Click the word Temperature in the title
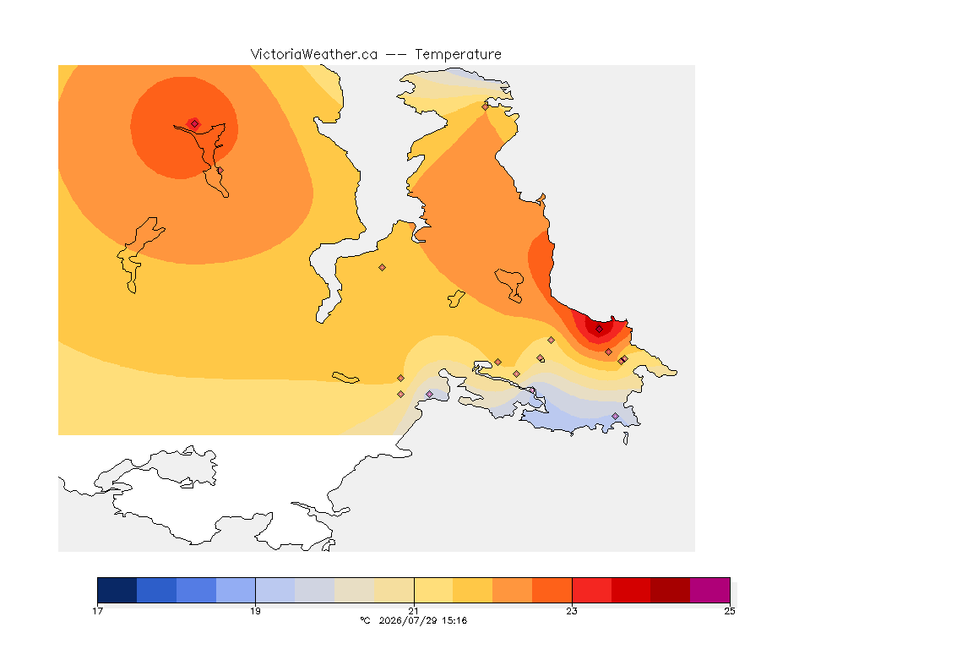pos(458,55)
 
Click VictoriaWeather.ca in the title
pos(314,55)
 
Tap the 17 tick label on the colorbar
pos(97,611)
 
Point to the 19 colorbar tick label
pos(256,611)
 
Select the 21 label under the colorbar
pos(414,611)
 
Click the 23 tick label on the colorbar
pos(572,611)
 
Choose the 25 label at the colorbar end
pos(730,611)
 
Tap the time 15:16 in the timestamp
pos(455,620)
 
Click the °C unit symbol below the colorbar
pos(365,620)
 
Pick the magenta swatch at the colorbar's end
pos(709,590)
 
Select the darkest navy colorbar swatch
pos(117,590)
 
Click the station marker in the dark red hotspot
pos(599,330)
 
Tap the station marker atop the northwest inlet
pos(195,124)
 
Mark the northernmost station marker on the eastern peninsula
pos(486,106)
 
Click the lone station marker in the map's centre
pos(383,268)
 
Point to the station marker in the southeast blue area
pos(615,416)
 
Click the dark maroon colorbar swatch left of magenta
pos(670,590)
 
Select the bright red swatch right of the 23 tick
pos(591,590)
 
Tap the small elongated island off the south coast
pos(345,378)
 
